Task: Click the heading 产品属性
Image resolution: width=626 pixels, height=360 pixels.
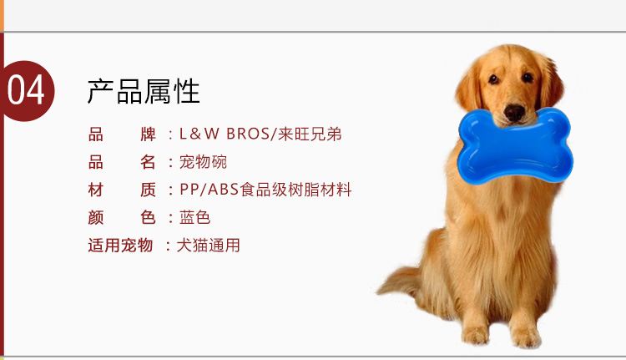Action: [144, 92]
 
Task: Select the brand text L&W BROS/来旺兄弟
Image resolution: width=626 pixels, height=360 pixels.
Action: [260, 134]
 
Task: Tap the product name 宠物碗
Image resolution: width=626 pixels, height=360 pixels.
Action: [203, 162]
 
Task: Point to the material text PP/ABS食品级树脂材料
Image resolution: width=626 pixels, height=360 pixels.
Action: [265, 190]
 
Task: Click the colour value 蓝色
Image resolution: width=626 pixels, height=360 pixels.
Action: [194, 217]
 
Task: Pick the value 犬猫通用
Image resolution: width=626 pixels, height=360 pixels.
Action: [208, 245]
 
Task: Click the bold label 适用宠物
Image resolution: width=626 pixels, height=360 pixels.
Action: [120, 245]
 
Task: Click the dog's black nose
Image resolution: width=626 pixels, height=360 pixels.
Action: [514, 112]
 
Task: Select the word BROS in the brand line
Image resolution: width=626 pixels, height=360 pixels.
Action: [248, 134]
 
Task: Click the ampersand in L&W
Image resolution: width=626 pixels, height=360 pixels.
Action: [194, 134]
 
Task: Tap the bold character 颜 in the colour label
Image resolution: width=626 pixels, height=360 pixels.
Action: [96, 217]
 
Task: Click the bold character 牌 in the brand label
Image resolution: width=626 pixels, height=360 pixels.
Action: [148, 134]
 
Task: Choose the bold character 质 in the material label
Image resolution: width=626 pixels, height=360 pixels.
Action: [148, 190]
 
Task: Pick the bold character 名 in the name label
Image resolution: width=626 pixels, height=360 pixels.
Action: [148, 162]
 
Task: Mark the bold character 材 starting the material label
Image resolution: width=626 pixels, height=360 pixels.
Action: [96, 190]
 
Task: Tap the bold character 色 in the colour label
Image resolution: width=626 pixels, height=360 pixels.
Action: [148, 217]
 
